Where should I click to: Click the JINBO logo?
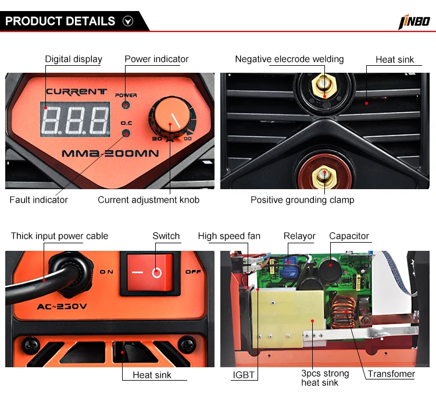(x=414, y=22)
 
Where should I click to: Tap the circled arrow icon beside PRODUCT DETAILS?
(x=128, y=22)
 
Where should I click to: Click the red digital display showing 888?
(x=75, y=119)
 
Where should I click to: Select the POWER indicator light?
(x=126, y=105)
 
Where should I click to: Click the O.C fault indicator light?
(x=126, y=134)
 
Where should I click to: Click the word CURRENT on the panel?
(x=76, y=91)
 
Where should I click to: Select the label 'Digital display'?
(x=74, y=59)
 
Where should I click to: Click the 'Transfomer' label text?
(x=391, y=374)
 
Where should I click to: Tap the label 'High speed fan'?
(x=229, y=236)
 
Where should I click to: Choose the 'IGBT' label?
(x=243, y=375)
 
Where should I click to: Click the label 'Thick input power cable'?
(x=59, y=236)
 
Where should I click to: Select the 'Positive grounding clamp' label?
(x=302, y=200)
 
